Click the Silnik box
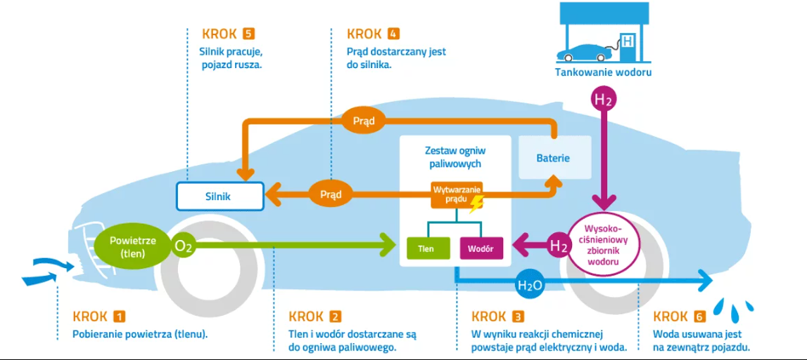click(x=218, y=196)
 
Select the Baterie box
click(x=552, y=158)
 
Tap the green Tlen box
click(x=428, y=248)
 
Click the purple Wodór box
click(x=482, y=248)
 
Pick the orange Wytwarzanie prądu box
click(x=456, y=193)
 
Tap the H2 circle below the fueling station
click(x=604, y=100)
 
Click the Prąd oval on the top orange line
click(x=363, y=121)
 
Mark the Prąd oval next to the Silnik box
click(x=330, y=194)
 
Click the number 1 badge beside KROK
click(x=119, y=316)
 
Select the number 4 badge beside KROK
click(x=392, y=34)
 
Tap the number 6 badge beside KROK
click(x=700, y=316)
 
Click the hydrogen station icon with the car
click(x=603, y=36)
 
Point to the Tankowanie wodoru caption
click(x=603, y=73)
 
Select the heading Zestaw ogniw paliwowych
click(x=455, y=157)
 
